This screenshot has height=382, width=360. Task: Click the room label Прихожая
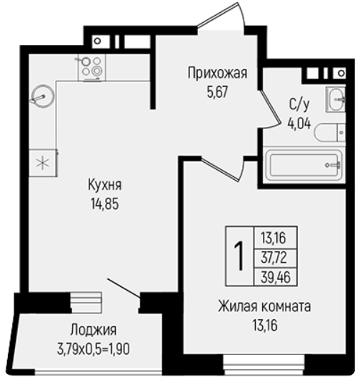217,73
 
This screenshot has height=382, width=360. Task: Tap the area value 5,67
217,92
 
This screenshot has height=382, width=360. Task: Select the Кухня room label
105,185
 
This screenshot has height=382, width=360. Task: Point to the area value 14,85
105,203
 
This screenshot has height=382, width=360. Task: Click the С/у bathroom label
299,105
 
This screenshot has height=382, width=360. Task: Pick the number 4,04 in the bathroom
299,124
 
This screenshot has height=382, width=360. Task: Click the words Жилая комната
264,306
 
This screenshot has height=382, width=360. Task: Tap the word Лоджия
94,331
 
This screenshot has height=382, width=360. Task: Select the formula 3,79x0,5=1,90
94,349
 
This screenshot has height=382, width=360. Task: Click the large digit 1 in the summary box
239,256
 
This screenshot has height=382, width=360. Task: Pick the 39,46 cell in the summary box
276,277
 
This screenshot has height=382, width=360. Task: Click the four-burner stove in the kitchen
91,68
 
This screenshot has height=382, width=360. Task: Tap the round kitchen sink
43,96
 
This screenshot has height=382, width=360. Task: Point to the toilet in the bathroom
330,133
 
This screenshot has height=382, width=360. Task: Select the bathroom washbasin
336,99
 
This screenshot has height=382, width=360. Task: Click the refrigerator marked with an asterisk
43,163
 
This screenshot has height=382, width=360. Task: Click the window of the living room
264,365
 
